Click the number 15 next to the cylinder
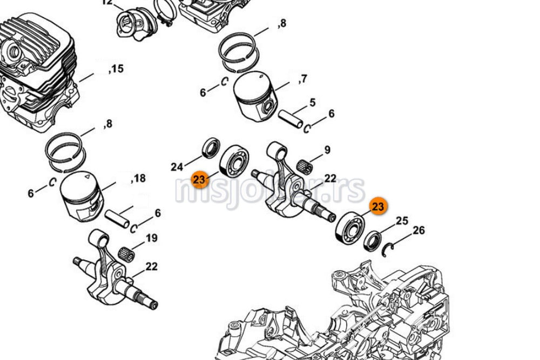pyautogui.click(x=117, y=69)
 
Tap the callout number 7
pyautogui.click(x=303, y=79)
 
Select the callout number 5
pyautogui.click(x=312, y=103)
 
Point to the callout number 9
pyautogui.click(x=327, y=150)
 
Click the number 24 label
pyautogui.click(x=177, y=167)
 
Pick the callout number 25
pyautogui.click(x=402, y=221)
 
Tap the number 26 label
pyautogui.click(x=418, y=231)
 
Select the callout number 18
pyautogui.click(x=139, y=178)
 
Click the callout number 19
pyautogui.click(x=151, y=238)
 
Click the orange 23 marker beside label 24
pyautogui.click(x=199, y=179)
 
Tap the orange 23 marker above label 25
pyautogui.click(x=379, y=206)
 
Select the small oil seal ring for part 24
pyautogui.click(x=211, y=148)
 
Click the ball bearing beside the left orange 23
pyautogui.click(x=234, y=160)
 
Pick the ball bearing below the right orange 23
pyautogui.click(x=348, y=228)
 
